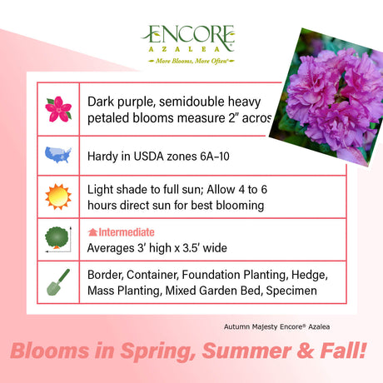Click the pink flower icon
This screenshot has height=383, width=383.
pyautogui.click(x=57, y=108)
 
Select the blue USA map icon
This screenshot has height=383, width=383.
pyautogui.click(x=57, y=156)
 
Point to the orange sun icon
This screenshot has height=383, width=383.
pyautogui.click(x=57, y=196)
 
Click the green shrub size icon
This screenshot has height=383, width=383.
pyautogui.click(x=57, y=239)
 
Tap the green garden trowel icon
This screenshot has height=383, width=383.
pyautogui.click(x=57, y=283)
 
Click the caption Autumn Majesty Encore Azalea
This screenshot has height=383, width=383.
pyautogui.click(x=285, y=326)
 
